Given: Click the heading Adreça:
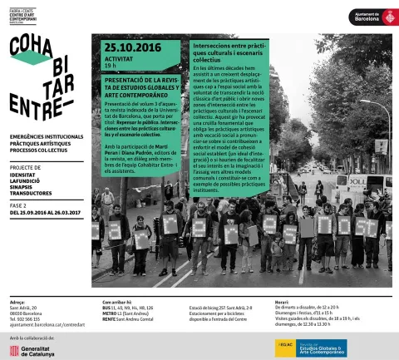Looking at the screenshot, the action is (x=17, y=301).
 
